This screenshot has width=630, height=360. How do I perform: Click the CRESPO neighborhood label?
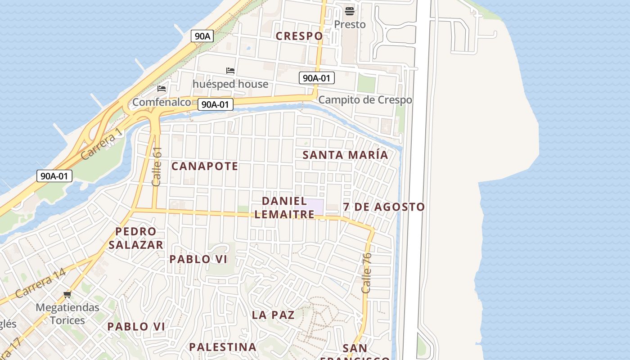[299, 36]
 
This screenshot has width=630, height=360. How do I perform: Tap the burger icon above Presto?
[350, 11]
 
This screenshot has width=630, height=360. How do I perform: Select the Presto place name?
[350, 24]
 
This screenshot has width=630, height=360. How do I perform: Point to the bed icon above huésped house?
[230, 71]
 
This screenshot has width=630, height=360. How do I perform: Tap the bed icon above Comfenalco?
[162, 89]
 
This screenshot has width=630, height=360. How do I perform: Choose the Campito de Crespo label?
[365, 100]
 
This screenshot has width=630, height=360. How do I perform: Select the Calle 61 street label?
[157, 166]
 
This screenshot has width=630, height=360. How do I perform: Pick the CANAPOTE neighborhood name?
[205, 166]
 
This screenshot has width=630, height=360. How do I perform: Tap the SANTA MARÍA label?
[345, 155]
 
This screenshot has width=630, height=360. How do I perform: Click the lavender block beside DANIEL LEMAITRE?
[315, 207]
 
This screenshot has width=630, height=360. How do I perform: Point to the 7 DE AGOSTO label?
[384, 207]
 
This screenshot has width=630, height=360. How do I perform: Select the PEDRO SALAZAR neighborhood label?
[135, 238]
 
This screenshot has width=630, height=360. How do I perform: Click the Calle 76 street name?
[367, 273]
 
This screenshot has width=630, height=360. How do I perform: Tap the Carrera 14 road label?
[40, 283]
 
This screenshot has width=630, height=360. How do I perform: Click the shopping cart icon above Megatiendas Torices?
[67, 295]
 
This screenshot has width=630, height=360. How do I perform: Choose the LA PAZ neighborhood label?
[273, 315]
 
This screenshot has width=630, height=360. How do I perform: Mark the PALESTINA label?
[222, 347]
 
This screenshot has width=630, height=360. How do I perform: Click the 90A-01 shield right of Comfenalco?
[215, 105]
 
